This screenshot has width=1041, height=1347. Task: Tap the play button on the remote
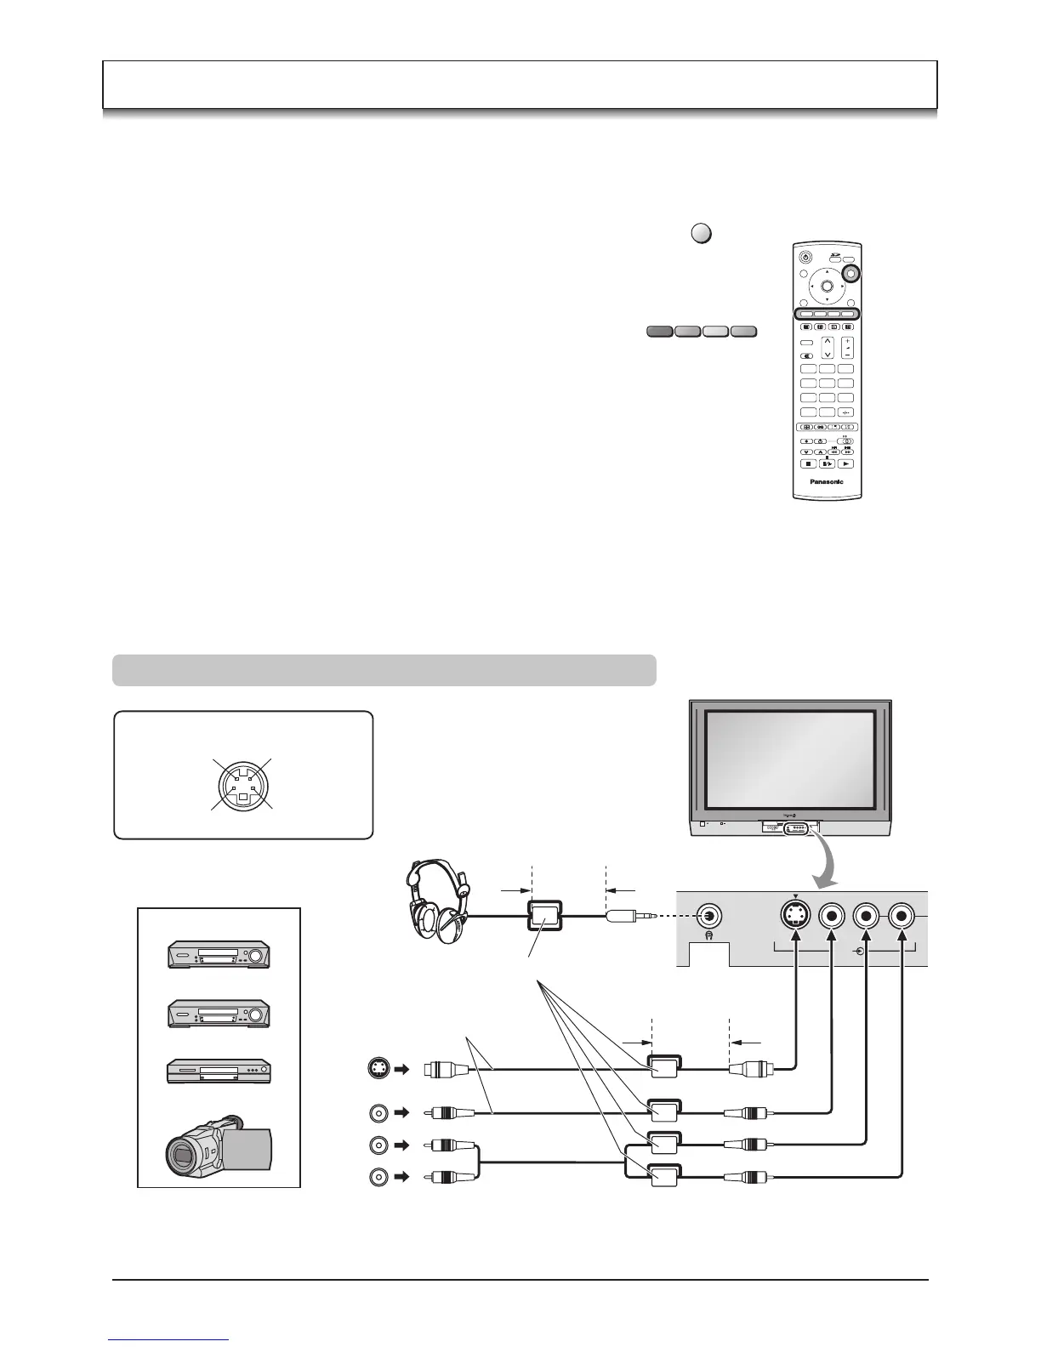coord(846,464)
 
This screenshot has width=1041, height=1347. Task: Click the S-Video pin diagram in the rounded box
coord(242,783)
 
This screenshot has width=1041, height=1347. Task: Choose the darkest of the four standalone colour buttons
coord(659,331)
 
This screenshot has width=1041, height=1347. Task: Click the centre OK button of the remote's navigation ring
coord(826,286)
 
